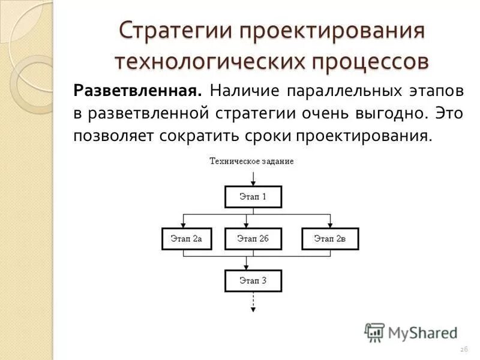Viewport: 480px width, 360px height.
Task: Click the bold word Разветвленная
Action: pyautogui.click(x=137, y=91)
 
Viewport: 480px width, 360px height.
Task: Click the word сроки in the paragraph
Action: pyautogui.click(x=264, y=135)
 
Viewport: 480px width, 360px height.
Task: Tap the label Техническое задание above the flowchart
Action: pyautogui.click(x=252, y=161)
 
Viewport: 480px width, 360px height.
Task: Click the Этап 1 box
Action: pyautogui.click(x=253, y=197)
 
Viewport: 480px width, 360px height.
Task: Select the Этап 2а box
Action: pyautogui.click(x=187, y=239)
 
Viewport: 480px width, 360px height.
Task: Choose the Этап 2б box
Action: pyautogui.click(x=253, y=239)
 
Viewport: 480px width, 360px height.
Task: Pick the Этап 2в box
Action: pyautogui.click(x=329, y=239)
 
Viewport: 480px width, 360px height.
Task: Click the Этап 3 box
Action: pyautogui.click(x=253, y=281)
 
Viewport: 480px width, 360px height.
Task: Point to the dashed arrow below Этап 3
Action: pyautogui.click(x=253, y=301)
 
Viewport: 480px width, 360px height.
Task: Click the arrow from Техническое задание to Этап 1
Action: pyautogui.click(x=253, y=177)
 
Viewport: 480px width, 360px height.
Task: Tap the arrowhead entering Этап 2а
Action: pyautogui.click(x=183, y=224)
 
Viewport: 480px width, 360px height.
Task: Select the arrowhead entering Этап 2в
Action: pyautogui.click(x=329, y=224)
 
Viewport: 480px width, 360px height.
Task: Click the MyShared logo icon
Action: pyautogui.click(x=374, y=332)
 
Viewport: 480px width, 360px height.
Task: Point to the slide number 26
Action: pyautogui.click(x=463, y=350)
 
